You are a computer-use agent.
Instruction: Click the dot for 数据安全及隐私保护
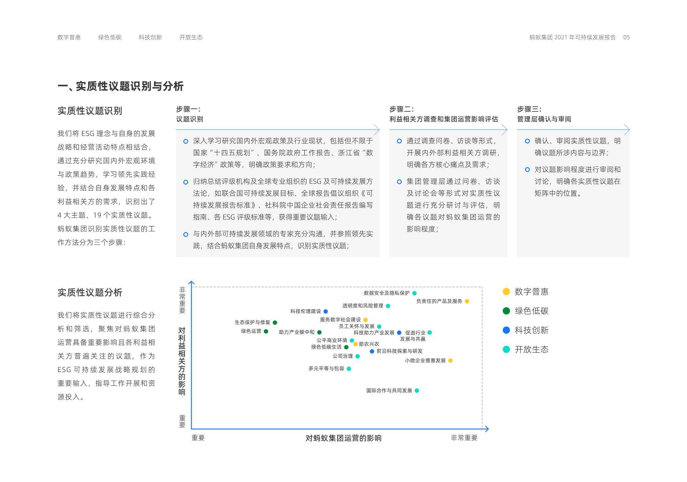[414, 293]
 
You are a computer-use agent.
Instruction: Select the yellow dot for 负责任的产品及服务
[467, 301]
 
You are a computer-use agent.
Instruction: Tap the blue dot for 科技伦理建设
[326, 311]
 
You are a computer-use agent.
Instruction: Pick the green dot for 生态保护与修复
[275, 322]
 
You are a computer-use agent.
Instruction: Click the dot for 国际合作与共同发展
[417, 390]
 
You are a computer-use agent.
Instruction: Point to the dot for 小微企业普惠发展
[450, 360]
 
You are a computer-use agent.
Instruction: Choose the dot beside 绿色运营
[266, 331]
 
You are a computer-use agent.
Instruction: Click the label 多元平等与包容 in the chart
[326, 369]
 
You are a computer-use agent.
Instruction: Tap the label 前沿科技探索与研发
[400, 351]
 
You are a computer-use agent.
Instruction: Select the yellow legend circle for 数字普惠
[506, 292]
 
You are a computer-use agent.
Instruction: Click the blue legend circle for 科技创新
[506, 330]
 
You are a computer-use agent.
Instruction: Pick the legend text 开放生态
[532, 349]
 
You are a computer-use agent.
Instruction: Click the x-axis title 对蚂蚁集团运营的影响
[343, 438]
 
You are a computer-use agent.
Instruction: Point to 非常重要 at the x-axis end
[464, 438]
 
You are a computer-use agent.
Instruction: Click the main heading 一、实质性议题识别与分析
[121, 86]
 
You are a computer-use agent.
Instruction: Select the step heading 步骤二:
[401, 109]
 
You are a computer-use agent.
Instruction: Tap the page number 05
[626, 37]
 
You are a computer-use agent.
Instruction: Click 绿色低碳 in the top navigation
[110, 37]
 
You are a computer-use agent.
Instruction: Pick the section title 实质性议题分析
[90, 292]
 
